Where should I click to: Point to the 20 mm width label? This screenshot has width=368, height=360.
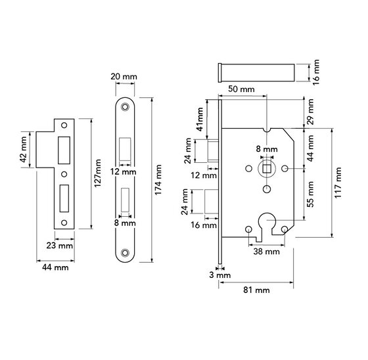126,76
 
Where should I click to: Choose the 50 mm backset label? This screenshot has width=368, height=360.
242,88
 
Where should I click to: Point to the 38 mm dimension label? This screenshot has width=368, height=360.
267,252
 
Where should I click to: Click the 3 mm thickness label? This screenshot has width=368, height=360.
223,275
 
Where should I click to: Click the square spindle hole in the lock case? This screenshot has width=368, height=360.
267,169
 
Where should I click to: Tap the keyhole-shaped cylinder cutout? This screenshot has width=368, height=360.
267,223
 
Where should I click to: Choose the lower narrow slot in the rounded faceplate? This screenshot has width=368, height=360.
125,199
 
